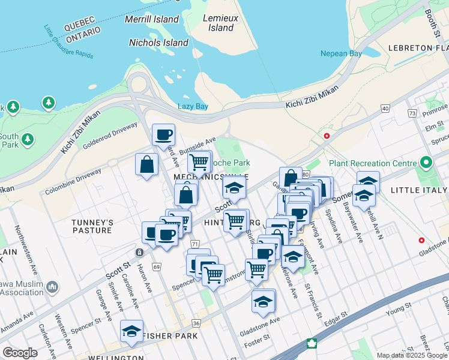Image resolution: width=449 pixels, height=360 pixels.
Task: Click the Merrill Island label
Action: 152,19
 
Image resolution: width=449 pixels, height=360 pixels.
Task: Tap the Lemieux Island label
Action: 221,23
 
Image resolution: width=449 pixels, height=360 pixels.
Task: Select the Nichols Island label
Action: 158,43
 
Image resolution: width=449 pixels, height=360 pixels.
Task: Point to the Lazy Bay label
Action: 193,107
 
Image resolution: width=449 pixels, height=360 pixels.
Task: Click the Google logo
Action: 20,353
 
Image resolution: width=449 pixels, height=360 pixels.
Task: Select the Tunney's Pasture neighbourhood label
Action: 92,226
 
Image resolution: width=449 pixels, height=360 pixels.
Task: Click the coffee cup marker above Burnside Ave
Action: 163,135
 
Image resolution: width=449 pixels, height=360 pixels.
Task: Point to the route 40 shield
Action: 385,109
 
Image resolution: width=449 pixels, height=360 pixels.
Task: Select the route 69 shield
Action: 157,266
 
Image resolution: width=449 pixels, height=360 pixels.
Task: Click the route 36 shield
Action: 196,323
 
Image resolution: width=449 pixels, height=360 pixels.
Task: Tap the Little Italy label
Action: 419,190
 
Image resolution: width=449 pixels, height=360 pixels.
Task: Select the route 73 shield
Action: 412,113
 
